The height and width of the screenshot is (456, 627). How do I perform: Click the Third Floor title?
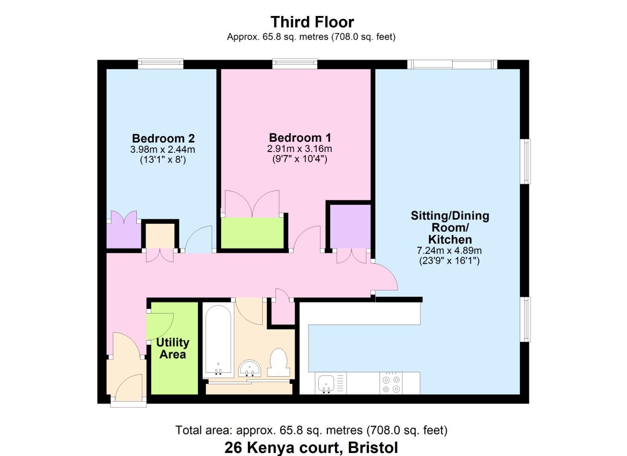pyautogui.click(x=312, y=22)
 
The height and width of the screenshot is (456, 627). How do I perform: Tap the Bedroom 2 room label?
pyautogui.click(x=163, y=138)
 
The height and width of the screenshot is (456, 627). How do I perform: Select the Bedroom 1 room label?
pyautogui.click(x=300, y=138)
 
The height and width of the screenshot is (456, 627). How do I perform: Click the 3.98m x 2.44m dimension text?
pyautogui.click(x=163, y=149)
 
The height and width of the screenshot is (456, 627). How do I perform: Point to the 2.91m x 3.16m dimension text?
pyautogui.click(x=299, y=149)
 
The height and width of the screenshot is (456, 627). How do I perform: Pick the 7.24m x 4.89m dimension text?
pyautogui.click(x=449, y=250)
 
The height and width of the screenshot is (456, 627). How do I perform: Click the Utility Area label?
pyautogui.click(x=173, y=348)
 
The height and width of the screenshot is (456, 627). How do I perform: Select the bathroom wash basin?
pyautogui.click(x=250, y=368)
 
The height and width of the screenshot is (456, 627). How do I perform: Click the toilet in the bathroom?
pyautogui.click(x=278, y=362)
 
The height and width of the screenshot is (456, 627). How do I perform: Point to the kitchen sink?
pyautogui.click(x=326, y=383)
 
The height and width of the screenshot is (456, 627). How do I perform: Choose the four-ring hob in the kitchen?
pyautogui.click(x=391, y=383)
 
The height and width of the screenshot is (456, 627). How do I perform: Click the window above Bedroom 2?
pyautogui.click(x=160, y=64)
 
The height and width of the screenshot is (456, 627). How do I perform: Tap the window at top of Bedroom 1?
pyautogui.click(x=295, y=64)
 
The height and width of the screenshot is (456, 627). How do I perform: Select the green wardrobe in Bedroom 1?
pyautogui.click(x=252, y=233)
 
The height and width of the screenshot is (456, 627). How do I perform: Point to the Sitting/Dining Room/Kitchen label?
pyautogui.click(x=450, y=227)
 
